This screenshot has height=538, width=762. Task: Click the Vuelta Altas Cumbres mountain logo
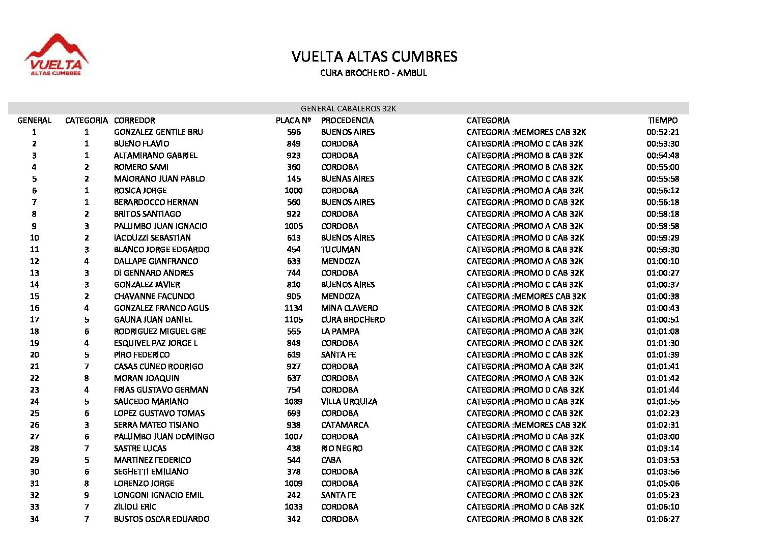tap(56, 55)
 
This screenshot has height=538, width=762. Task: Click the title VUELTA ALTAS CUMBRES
tap(374, 56)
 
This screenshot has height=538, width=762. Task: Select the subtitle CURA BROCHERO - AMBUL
tap(373, 73)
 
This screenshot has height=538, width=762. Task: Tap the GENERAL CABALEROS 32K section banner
tap(348, 108)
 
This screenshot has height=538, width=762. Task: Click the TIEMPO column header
tap(663, 121)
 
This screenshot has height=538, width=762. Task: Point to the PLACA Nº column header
tap(293, 121)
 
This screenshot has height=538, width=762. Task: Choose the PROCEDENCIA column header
tap(347, 121)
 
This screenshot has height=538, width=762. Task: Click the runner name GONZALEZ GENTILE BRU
tap(158, 132)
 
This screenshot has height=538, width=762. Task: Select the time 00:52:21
tap(663, 132)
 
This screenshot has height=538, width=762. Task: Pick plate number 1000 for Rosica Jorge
tap(293, 191)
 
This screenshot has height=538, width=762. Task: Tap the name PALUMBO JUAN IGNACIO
tap(160, 226)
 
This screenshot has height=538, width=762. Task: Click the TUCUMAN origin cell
tap(341, 250)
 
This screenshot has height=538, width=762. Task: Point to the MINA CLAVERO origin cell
tap(349, 308)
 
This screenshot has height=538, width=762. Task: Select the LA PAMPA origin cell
tap(340, 332)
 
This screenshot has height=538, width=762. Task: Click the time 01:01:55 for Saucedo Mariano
tap(663, 402)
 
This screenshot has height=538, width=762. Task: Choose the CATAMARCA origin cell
tap(345, 425)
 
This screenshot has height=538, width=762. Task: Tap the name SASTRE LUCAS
tap(140, 449)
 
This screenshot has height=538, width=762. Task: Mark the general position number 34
tap(34, 519)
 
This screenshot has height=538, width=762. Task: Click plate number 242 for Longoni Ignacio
tap(293, 495)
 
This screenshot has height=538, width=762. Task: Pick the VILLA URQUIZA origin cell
tap(349, 402)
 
